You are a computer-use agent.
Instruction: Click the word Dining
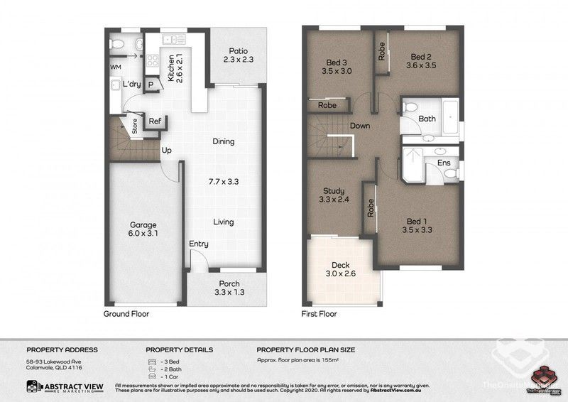(x=223, y=141)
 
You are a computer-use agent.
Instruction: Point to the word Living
(x=224, y=222)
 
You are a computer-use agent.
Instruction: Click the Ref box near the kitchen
(x=155, y=121)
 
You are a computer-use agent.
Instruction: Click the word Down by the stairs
(x=360, y=126)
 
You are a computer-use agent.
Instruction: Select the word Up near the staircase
(x=168, y=151)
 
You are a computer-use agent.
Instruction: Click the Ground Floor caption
(x=126, y=313)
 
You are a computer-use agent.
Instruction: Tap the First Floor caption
(x=320, y=313)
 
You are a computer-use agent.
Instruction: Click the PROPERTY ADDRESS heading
(x=62, y=349)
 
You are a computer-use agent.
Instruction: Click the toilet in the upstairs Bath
(x=409, y=107)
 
